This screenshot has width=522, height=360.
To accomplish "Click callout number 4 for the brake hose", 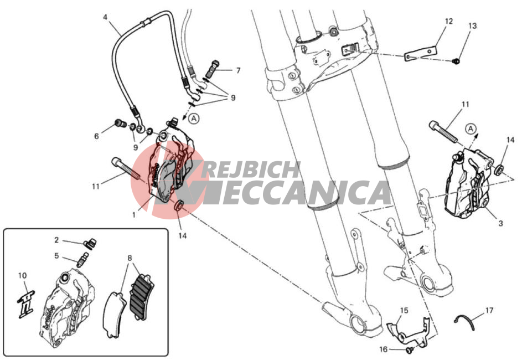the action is pyautogui.click(x=105, y=17).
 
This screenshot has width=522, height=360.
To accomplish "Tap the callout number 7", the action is pyautogui.click(x=238, y=70).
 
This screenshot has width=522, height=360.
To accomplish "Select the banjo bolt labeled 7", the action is pyautogui.click(x=212, y=68).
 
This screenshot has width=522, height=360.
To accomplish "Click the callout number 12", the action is pyautogui.click(x=449, y=21).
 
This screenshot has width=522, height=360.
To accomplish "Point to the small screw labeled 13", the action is pyautogui.click(x=457, y=61).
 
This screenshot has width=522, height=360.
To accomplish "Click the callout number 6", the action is pyautogui.click(x=96, y=136).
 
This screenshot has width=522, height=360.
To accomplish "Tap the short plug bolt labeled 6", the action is pyautogui.click(x=121, y=124).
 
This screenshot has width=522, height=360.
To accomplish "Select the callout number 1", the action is pyautogui.click(x=134, y=215).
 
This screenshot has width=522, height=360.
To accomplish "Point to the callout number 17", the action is pyautogui.click(x=489, y=310).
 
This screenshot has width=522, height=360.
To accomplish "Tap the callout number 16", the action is pyautogui.click(x=384, y=349).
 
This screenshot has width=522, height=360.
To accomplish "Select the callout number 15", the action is pyautogui.click(x=404, y=310).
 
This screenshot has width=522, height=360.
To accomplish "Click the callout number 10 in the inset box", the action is pyautogui.click(x=22, y=276).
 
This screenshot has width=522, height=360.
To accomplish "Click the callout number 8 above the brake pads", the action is pyautogui.click(x=130, y=258).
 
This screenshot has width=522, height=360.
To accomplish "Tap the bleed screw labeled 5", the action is pyautogui.click(x=83, y=259).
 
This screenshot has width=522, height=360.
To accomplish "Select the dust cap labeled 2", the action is pyautogui.click(x=90, y=244).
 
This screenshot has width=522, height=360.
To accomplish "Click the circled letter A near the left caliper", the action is pyautogui.click(x=194, y=119).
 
